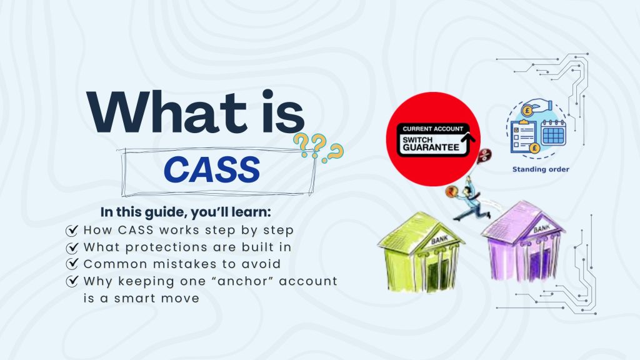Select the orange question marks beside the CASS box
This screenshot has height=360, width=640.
coord(319,150)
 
